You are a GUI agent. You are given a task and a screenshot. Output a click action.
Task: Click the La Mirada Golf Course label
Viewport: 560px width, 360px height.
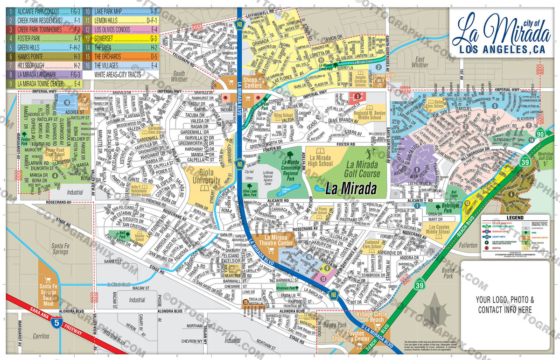(363, 169)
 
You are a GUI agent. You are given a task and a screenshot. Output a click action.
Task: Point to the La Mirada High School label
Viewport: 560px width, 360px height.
(320, 161)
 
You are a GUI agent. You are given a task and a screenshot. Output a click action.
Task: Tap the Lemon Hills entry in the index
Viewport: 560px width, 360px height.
(121, 21)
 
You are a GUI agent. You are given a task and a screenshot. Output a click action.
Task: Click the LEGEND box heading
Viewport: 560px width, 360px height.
(511, 218)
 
